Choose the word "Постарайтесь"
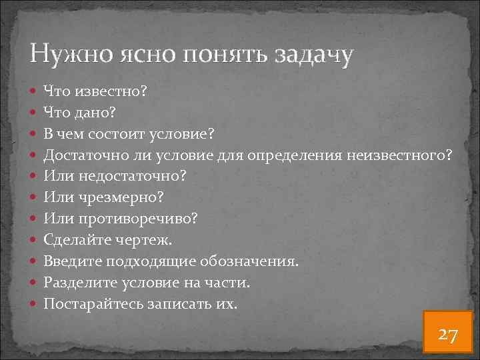point(95,304)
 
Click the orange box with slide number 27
point(447,333)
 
